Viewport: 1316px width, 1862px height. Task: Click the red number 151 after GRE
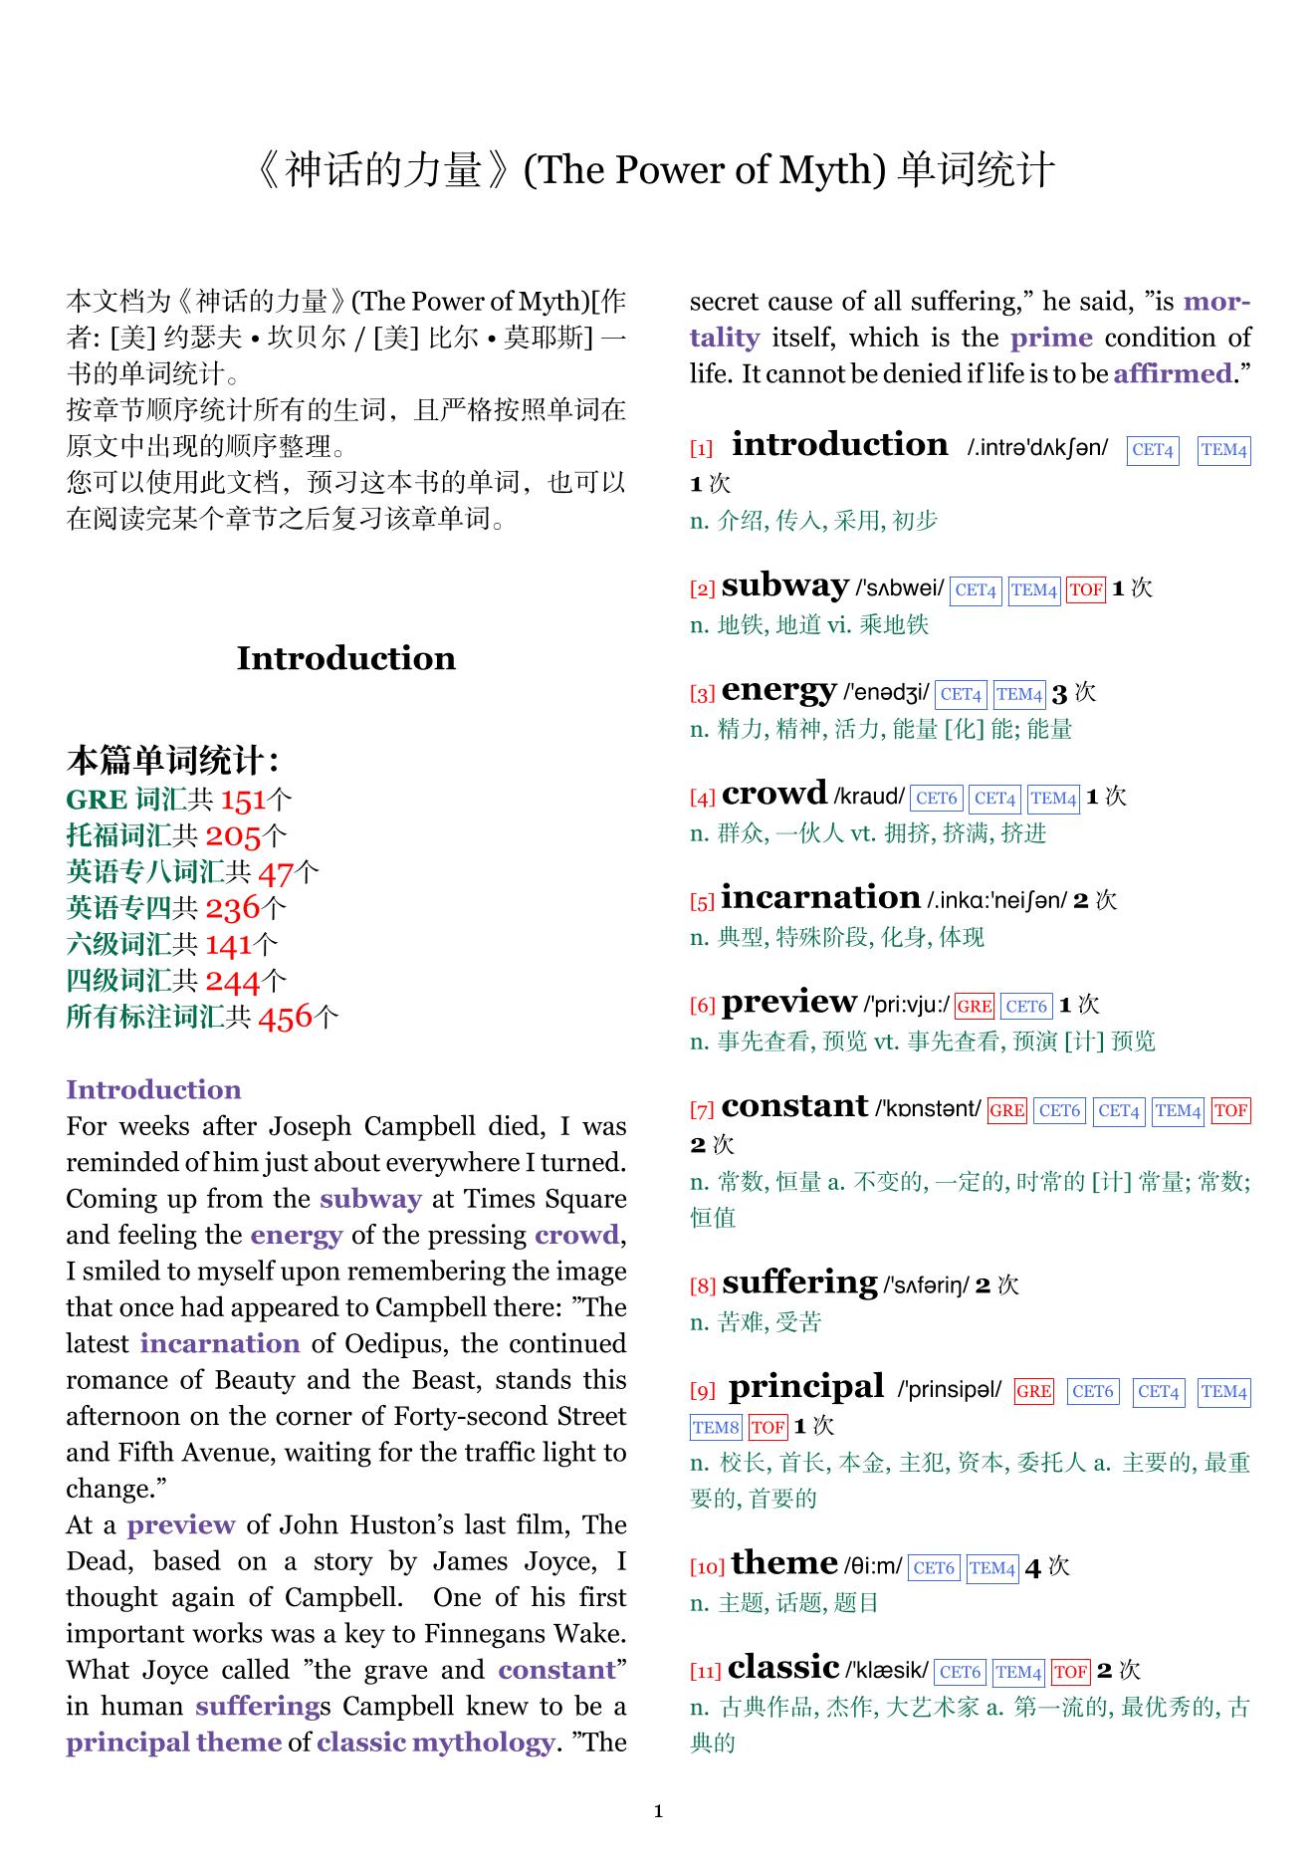coord(244,800)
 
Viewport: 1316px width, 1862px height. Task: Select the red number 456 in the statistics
coord(285,1017)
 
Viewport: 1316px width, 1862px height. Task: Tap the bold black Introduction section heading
coord(345,658)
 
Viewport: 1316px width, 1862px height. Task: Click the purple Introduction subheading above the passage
coord(153,1089)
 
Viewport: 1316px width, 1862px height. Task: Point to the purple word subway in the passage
coord(370,1199)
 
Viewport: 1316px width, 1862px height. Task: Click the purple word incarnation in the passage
coord(219,1343)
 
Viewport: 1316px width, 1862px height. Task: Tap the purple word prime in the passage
coord(1051,338)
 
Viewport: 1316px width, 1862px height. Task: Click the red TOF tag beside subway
coord(1085,589)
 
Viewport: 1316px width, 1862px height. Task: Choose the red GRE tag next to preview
coord(974,1006)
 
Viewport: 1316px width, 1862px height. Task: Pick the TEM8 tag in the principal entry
coord(716,1427)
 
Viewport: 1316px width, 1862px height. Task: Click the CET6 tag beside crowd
coord(936,798)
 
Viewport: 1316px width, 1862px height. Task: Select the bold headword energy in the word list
coord(778,689)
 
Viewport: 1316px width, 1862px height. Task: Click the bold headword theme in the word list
coord(783,1563)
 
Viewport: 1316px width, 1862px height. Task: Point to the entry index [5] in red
coord(702,902)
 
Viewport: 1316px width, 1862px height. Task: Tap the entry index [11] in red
coord(705,1671)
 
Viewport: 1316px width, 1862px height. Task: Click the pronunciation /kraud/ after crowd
coord(869,797)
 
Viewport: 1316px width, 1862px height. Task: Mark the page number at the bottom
coord(658,1811)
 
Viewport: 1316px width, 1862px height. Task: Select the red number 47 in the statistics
coord(276,872)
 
